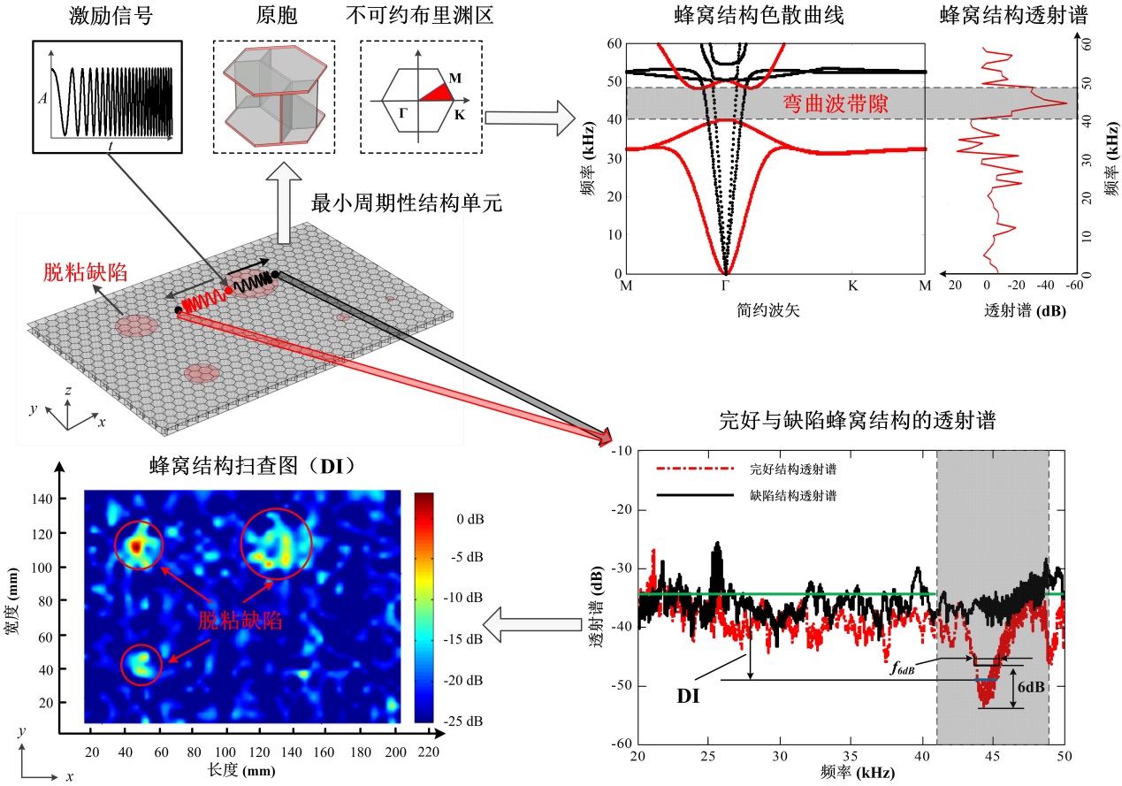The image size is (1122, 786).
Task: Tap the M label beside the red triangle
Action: coord(454,78)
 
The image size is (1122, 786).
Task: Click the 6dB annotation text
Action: coord(1032,686)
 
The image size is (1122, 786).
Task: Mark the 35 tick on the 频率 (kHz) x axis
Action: coord(850,758)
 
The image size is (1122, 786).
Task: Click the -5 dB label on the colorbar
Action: coord(461,558)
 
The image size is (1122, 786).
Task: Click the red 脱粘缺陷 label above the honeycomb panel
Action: coord(87,271)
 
